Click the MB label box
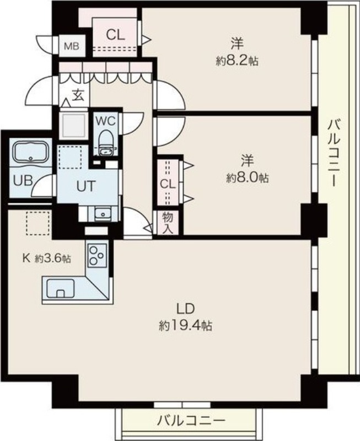72,46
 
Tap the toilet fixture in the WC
105,143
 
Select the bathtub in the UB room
31,152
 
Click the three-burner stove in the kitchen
98,255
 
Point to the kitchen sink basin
61,288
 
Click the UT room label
87,186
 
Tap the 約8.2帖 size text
237,61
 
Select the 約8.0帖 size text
247,178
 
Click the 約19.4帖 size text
185,326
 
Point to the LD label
185,309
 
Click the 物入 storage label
168,223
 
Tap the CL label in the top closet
115,35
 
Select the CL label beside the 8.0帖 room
168,185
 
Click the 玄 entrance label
78,95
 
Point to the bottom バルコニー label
191,421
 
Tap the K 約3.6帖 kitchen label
47,258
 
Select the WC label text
106,121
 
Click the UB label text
23,181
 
